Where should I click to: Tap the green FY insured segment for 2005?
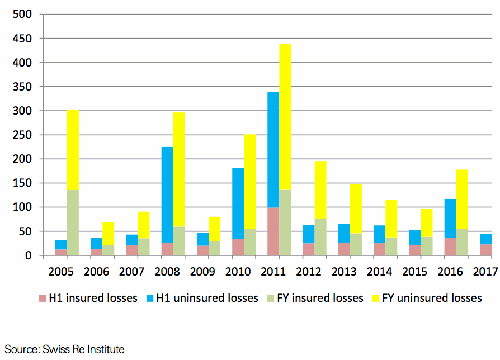click(73, 222)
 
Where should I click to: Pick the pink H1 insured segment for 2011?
click(273, 231)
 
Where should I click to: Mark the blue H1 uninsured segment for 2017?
click(485, 239)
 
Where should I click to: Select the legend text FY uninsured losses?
click(432, 298)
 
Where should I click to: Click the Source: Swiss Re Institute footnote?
click(65, 349)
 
